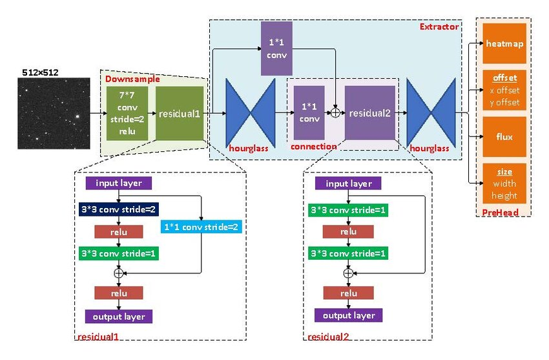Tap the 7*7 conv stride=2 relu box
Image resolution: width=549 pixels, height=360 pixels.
pos(127,112)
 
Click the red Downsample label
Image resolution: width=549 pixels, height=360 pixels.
pos(127,78)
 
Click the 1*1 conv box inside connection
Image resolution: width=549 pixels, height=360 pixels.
pos(309,113)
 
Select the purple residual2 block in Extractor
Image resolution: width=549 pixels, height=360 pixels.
pos(370,113)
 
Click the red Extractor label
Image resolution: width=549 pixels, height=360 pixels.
pos(439,27)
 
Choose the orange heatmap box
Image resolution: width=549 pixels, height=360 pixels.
pos(504,43)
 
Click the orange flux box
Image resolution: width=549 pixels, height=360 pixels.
pos(504,137)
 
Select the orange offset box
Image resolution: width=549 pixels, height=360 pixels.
pos(504,90)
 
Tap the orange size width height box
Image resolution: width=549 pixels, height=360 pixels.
pos(504,184)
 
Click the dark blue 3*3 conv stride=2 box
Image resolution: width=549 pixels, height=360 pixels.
pos(119,209)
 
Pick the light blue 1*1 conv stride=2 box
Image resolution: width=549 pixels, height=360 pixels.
pos(203,228)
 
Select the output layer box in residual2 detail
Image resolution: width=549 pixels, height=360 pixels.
pos(348,315)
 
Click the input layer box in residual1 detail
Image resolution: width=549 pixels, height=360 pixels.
pos(119,183)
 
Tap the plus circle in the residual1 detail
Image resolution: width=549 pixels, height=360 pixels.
pos(118,273)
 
